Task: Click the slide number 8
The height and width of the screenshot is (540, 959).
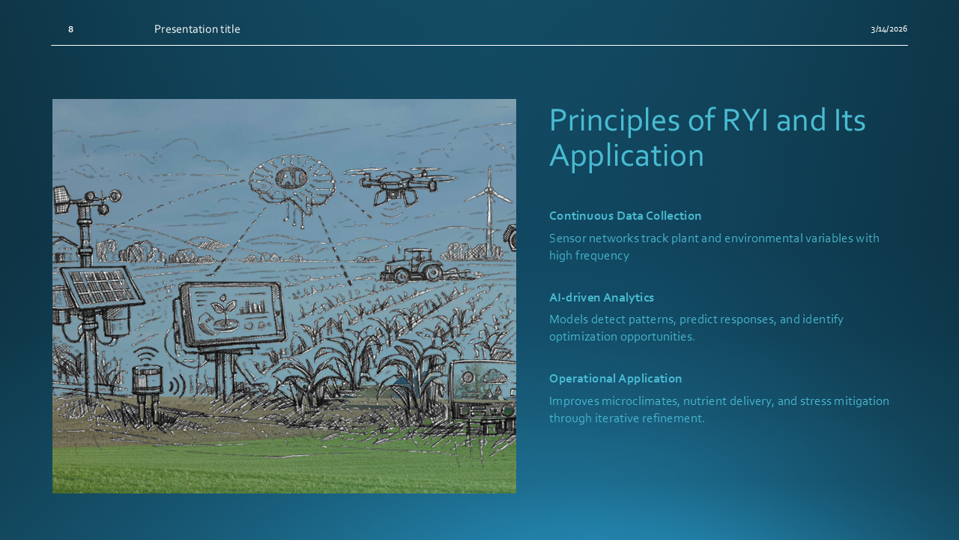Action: [70, 29]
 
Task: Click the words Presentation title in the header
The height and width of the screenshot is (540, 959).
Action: [197, 29]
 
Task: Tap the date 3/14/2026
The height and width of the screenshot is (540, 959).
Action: [889, 28]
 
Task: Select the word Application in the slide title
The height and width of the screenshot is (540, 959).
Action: [626, 155]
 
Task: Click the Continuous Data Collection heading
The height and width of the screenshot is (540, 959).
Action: [625, 215]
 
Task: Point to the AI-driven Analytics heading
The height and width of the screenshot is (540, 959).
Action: [602, 298]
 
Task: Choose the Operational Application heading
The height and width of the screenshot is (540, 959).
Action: [615, 379]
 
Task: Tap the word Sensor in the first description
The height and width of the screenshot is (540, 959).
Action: [568, 238]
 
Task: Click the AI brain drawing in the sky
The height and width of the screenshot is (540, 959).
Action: [292, 184]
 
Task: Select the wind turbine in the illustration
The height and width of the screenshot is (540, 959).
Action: [489, 210]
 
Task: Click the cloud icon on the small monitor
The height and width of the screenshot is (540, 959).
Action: [494, 377]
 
